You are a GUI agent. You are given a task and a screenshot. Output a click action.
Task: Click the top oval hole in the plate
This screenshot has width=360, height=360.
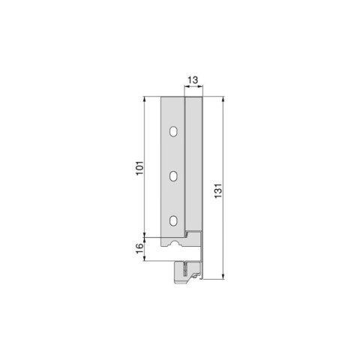[x=174, y=132]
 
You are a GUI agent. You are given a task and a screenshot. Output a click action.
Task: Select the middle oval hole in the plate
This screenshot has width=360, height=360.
[x=174, y=176]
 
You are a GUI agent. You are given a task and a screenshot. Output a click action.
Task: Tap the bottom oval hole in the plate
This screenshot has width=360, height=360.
[x=174, y=220]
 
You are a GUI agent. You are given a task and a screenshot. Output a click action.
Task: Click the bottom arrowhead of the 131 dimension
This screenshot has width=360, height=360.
[x=223, y=277]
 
